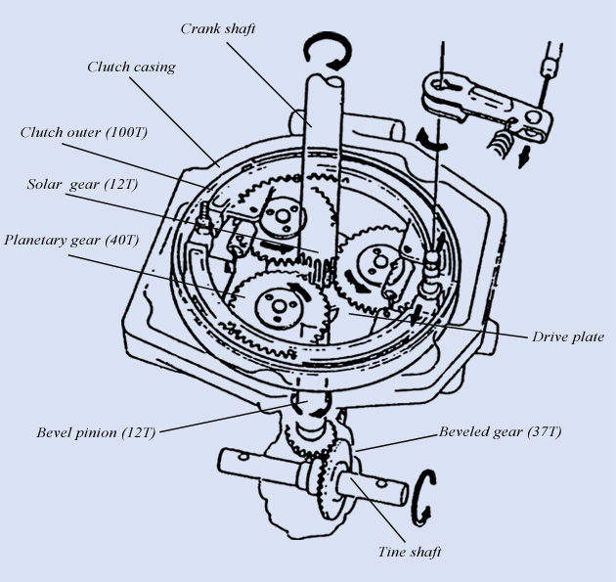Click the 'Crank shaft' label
point(218,28)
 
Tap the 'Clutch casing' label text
point(131,67)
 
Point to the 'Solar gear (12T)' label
point(77,186)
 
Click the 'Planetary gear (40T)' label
point(69,240)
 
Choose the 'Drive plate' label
point(567,336)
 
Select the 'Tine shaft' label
point(410,552)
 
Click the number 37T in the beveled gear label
point(547,431)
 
